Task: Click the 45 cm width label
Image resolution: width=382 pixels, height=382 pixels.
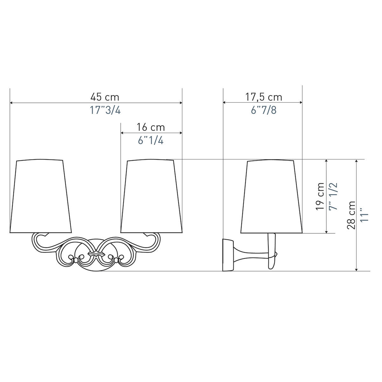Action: pyautogui.click(x=105, y=97)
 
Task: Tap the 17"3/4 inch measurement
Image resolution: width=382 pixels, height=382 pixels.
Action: pyautogui.click(x=105, y=110)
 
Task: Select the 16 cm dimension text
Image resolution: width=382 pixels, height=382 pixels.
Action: pyautogui.click(x=151, y=127)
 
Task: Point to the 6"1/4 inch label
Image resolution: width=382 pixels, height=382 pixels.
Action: pyautogui.click(x=151, y=141)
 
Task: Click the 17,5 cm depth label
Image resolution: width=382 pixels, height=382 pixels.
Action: pyautogui.click(x=264, y=97)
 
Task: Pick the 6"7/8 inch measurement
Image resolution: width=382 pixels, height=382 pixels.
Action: pyautogui.click(x=264, y=110)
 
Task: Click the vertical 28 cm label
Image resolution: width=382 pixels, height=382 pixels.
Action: pyautogui.click(x=351, y=215)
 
